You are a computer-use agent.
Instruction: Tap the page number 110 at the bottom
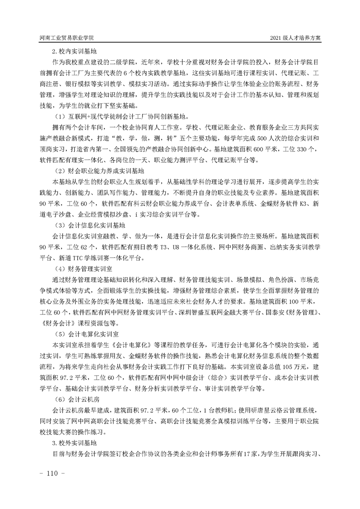point(54,473)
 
